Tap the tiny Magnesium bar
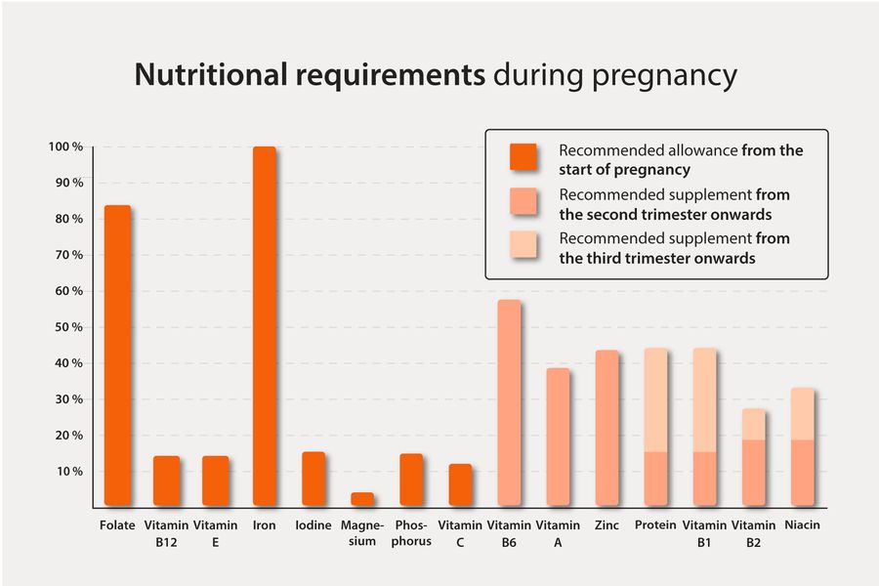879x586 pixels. (x=362, y=498)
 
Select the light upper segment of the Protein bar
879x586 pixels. (x=656, y=399)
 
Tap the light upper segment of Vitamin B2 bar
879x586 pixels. (x=754, y=424)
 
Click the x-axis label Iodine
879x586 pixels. (x=313, y=525)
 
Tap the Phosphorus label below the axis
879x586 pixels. (x=411, y=533)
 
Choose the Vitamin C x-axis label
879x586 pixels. (x=460, y=533)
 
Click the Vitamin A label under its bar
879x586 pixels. (x=558, y=533)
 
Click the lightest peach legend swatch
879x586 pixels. (x=524, y=247)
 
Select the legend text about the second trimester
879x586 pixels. (x=674, y=203)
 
